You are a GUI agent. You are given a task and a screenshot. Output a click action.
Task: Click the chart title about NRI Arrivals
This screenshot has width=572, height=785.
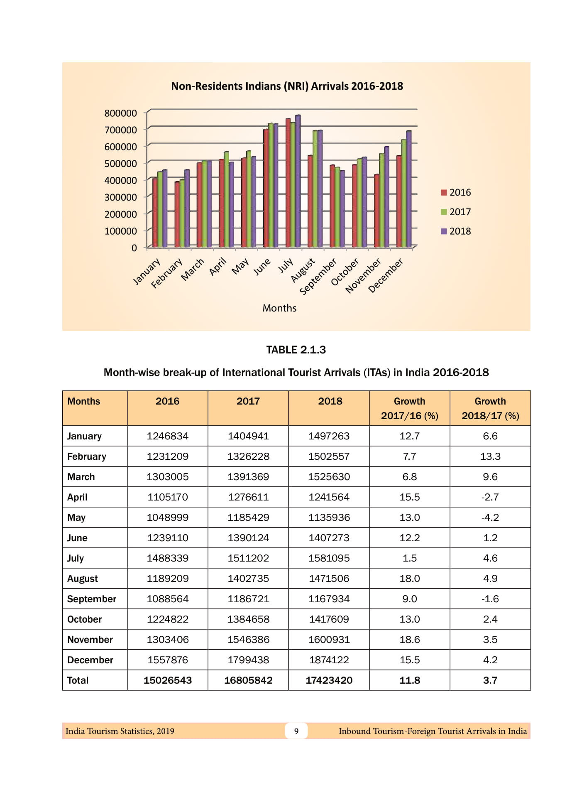pyautogui.click(x=287, y=86)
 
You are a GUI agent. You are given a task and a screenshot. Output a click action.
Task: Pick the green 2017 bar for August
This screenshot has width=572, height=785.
pyautogui.click(x=315, y=189)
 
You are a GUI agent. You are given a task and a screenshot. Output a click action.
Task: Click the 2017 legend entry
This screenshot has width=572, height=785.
pyautogui.click(x=456, y=212)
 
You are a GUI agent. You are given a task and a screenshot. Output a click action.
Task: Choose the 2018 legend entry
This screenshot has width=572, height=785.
pyautogui.click(x=456, y=231)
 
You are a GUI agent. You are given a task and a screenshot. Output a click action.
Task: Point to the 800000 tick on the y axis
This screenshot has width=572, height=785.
pyautogui.click(x=120, y=113)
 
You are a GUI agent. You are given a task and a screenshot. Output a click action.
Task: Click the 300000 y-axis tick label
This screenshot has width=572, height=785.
pyautogui.click(x=120, y=197)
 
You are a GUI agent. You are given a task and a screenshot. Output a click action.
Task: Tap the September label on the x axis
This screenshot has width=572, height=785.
pyautogui.click(x=318, y=277)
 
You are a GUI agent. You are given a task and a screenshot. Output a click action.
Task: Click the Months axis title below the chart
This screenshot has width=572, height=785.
pyautogui.click(x=279, y=308)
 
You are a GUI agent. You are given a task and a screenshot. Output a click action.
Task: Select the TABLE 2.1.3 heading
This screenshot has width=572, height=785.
pyautogui.click(x=296, y=350)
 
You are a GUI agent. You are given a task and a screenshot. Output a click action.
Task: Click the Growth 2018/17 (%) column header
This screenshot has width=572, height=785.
pyautogui.click(x=490, y=408)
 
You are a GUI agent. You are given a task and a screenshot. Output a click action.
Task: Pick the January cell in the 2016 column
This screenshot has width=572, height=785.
pyautogui.click(x=167, y=436)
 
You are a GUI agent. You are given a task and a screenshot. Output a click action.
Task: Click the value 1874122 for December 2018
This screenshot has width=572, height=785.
pyautogui.click(x=329, y=660)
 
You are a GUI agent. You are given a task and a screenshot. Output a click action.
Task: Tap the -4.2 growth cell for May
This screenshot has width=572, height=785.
pyautogui.click(x=490, y=518)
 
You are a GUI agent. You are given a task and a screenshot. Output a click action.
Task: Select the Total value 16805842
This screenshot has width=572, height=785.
pyautogui.click(x=248, y=680)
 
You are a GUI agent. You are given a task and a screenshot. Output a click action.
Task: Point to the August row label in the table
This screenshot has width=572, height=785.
pyautogui.click(x=83, y=579)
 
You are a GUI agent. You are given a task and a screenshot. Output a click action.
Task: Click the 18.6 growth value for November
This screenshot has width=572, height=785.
pyautogui.click(x=409, y=640)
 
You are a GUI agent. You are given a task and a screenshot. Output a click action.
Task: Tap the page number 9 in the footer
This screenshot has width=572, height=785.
pyautogui.click(x=296, y=731)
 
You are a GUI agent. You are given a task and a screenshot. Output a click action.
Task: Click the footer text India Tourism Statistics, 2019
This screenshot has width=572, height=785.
pyautogui.click(x=120, y=731)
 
